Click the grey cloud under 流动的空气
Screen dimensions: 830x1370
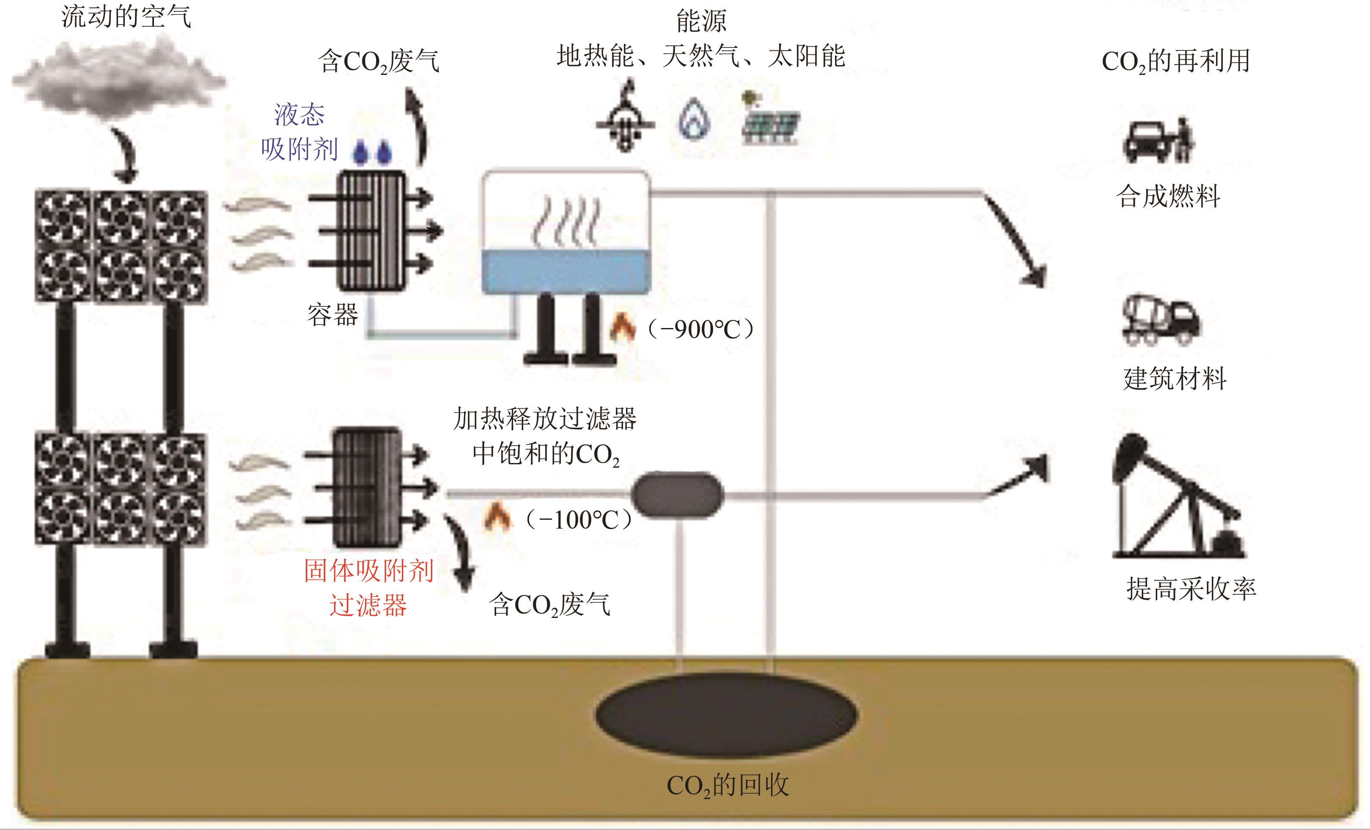(118, 78)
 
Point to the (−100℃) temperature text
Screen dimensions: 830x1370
(579, 520)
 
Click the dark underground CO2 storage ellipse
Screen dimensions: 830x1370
(726, 715)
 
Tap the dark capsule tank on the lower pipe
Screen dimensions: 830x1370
(678, 494)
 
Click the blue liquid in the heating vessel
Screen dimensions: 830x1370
(566, 271)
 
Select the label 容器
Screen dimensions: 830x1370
(332, 315)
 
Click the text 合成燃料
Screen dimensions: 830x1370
(1168, 196)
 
